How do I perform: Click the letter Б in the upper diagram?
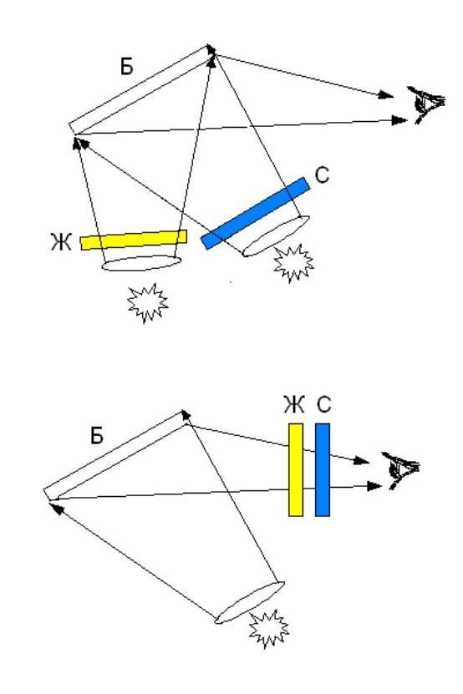click(127, 66)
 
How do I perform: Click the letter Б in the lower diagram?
click(97, 435)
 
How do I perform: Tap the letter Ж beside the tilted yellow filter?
click(61, 242)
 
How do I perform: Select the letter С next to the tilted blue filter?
click(322, 175)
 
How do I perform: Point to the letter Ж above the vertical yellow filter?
click(294, 404)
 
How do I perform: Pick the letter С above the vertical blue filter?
click(324, 404)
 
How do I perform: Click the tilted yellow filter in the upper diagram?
click(134, 240)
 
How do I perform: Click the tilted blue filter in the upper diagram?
click(255, 213)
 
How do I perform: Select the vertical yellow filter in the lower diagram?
click(296, 469)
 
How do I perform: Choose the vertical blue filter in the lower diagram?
click(323, 469)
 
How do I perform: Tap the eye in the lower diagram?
click(400, 470)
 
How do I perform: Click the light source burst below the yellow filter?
click(148, 303)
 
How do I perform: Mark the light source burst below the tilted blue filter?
click(293, 263)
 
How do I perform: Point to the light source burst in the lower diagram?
click(268, 629)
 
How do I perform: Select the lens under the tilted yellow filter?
click(142, 263)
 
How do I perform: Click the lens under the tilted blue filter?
click(276, 236)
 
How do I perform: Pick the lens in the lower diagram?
click(249, 603)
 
